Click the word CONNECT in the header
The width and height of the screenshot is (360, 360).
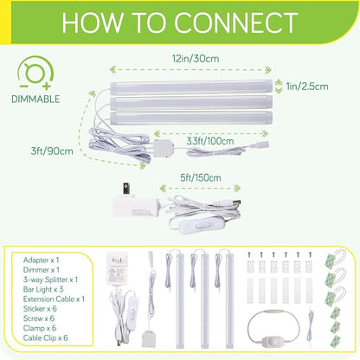[235, 22]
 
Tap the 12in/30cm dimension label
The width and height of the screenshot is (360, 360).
[196, 59]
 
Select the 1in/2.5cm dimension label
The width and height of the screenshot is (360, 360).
[307, 87]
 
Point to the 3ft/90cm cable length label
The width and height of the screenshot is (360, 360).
[52, 151]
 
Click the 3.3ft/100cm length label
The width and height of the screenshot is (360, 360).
[210, 141]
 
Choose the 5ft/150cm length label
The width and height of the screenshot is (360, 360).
[201, 177]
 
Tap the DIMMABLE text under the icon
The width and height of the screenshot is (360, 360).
[35, 99]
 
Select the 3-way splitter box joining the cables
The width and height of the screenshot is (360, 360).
[164, 148]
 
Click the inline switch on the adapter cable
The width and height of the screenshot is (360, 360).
[201, 225]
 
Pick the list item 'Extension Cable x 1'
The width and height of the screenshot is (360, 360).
[54, 299]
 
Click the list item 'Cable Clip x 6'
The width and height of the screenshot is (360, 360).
[46, 337]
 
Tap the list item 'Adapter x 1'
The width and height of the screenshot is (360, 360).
[41, 260]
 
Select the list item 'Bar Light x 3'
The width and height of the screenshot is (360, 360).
[43, 289]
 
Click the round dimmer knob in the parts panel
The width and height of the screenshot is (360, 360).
[267, 344]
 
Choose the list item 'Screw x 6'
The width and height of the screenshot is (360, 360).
[39, 318]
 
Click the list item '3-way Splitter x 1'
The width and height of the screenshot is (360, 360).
[50, 280]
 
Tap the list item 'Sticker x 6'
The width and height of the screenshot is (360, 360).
[40, 309]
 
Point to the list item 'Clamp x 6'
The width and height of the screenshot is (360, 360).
[40, 328]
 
